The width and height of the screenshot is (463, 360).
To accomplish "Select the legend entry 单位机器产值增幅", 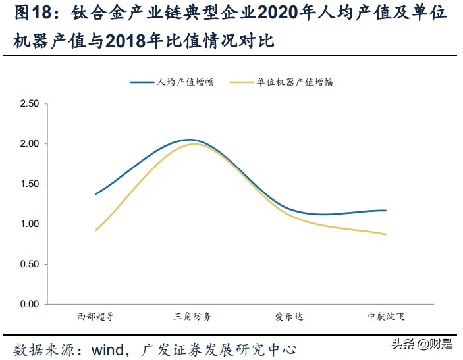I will (294, 82).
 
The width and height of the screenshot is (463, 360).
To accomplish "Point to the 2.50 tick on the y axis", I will (30, 104).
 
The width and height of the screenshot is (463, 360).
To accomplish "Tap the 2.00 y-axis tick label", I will (30, 144).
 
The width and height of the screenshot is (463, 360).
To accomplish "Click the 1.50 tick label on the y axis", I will (30, 184).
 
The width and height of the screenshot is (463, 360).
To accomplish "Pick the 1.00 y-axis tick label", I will (30, 224).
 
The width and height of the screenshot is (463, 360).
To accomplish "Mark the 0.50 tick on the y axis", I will (30, 265).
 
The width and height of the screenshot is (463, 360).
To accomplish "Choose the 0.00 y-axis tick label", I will (30, 305).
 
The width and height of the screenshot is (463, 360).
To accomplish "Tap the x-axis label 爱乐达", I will (289, 317).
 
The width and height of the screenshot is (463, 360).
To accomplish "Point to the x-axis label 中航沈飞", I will (386, 317).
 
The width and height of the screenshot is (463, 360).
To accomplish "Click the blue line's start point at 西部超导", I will (96, 194).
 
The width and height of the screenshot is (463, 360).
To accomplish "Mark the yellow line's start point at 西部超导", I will (96, 230).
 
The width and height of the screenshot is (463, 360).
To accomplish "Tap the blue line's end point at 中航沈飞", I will (386, 211).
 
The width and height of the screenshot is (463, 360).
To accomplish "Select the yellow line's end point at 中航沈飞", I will (386, 234).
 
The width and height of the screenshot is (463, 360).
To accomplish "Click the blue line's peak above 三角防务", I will (190, 140).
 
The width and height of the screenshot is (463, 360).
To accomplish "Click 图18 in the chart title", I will (28, 14).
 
